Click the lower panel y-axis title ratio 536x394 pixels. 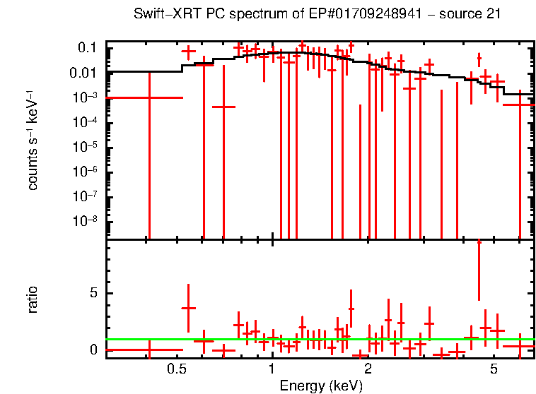click(33, 299)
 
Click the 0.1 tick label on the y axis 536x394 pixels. click(86, 48)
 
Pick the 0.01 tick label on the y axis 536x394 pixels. click(83, 73)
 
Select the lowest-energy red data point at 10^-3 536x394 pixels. click(149, 98)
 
